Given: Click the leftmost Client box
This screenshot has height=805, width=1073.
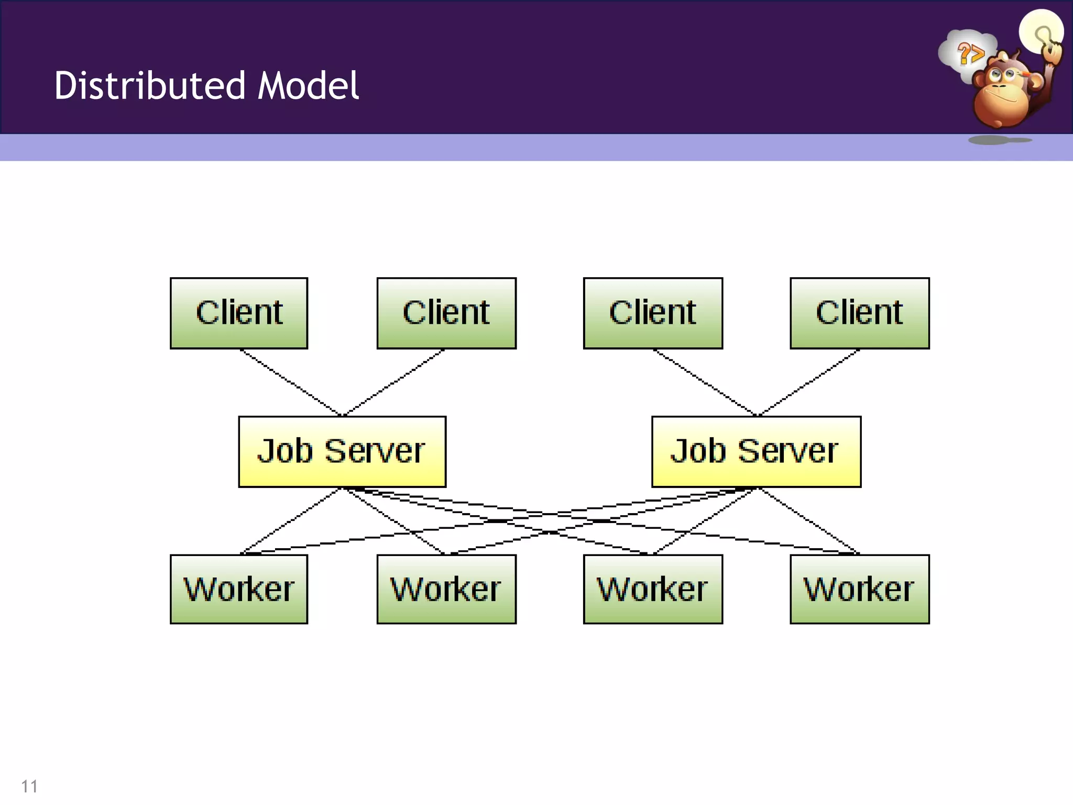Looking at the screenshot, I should click(x=239, y=313).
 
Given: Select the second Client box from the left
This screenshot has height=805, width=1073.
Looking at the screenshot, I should click(x=446, y=313).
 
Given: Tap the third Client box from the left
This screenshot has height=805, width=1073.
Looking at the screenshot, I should click(x=653, y=313).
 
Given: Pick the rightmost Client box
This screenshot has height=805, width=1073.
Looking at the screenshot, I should click(x=860, y=313).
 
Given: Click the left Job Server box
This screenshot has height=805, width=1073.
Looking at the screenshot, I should click(x=342, y=451).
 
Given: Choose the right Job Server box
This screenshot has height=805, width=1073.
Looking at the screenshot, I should click(x=756, y=451).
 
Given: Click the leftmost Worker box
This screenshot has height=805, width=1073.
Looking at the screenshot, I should click(x=239, y=589).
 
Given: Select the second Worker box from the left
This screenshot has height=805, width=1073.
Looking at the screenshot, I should click(x=446, y=589).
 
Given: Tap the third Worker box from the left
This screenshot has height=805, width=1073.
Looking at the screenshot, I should click(x=653, y=589).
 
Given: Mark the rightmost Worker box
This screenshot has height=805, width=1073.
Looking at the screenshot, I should click(x=860, y=589).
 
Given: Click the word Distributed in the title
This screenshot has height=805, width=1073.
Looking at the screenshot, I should click(x=150, y=85).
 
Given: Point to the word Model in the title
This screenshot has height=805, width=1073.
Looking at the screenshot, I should click(x=308, y=85).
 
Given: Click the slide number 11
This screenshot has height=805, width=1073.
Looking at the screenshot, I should click(x=29, y=786).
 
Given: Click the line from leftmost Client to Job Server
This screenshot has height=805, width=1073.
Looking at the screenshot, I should click(x=291, y=383).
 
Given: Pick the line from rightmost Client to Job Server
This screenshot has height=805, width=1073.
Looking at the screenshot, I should click(x=809, y=383).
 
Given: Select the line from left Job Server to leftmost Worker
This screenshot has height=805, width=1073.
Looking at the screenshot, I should click(x=291, y=521).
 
